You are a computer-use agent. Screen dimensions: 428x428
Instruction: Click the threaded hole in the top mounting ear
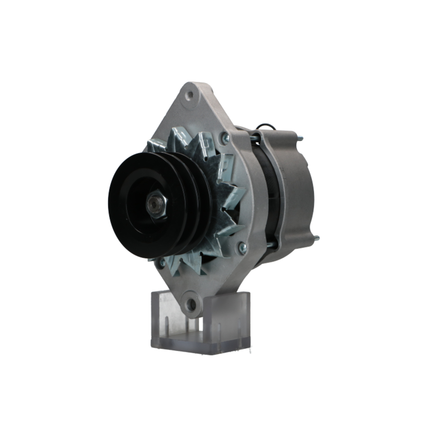[190, 95]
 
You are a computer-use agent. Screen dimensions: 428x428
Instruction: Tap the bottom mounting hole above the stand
[191, 304]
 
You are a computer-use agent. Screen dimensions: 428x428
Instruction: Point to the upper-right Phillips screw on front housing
[226, 137]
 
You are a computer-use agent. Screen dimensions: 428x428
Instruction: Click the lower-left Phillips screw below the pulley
[162, 262]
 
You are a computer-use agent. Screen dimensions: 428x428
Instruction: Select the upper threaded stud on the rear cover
[300, 138]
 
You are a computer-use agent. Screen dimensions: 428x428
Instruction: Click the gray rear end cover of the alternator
[295, 188]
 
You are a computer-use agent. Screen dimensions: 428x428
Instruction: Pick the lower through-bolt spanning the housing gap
[269, 244]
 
